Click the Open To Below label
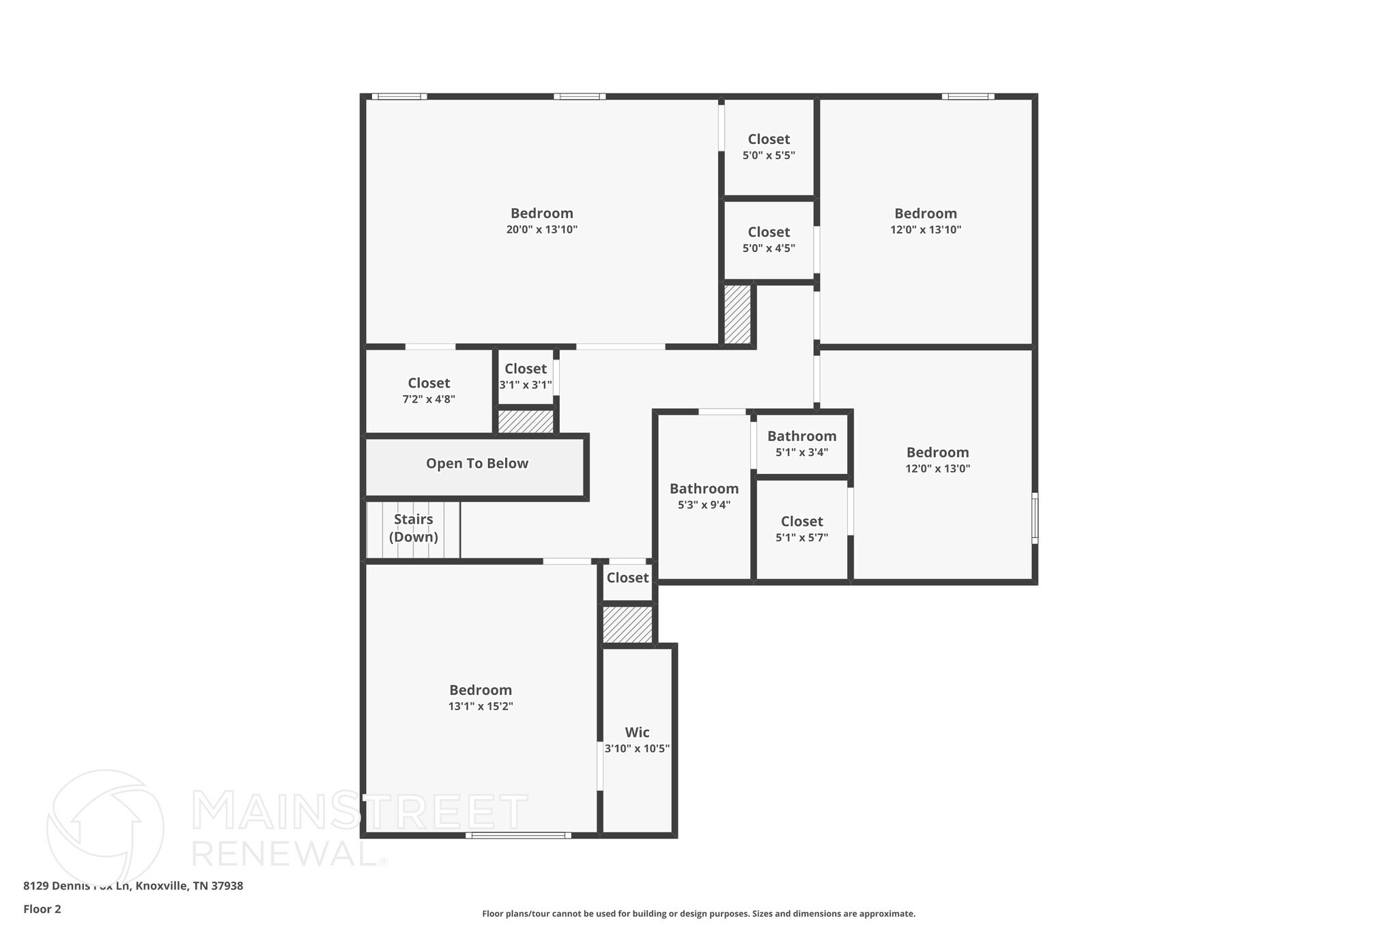coord(476,464)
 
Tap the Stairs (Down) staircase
coord(413,528)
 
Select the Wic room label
coord(637,733)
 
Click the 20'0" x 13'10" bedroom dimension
coord(541,230)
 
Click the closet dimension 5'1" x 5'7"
coord(801,537)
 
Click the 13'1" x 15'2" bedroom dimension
coord(481,707)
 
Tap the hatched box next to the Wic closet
coord(627,625)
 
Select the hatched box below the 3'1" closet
coord(525,421)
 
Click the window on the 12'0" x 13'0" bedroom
coord(1034,518)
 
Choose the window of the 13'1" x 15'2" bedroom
coord(518,835)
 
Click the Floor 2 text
coord(42,909)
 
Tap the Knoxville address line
coord(133,886)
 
